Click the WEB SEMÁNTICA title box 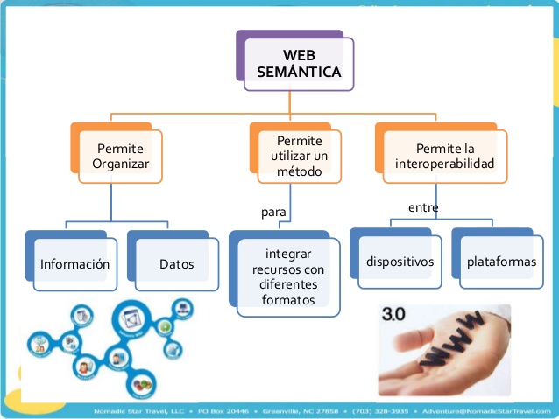pyautogui.click(x=298, y=63)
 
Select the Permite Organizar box pyautogui.click(x=120, y=156)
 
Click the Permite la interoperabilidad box pyautogui.click(x=444, y=156)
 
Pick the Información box pyautogui.click(x=74, y=263)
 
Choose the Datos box pyautogui.click(x=176, y=263)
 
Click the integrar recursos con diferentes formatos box pyautogui.click(x=287, y=276)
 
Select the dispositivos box pyautogui.click(x=400, y=262)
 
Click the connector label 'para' pyautogui.click(x=274, y=212)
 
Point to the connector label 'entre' pyautogui.click(x=423, y=207)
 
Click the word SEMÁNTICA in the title pyautogui.click(x=299, y=72)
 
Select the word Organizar pyautogui.click(x=120, y=164)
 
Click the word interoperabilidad pyautogui.click(x=444, y=164)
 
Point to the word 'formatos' pyautogui.click(x=287, y=300)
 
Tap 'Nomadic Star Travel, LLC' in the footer pyautogui.click(x=136, y=409)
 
